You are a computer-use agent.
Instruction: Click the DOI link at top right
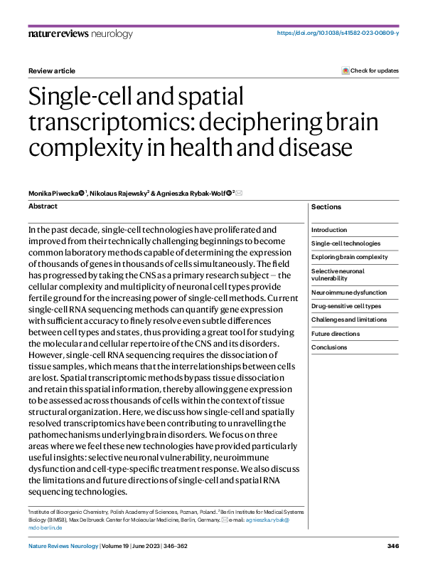(x=337, y=33)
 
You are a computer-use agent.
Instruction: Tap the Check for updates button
(x=370, y=70)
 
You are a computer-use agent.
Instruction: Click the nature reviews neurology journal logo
(x=80, y=34)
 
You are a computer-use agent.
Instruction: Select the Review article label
(x=51, y=71)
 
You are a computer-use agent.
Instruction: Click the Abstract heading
(x=43, y=206)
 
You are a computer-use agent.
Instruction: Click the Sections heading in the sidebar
(x=326, y=207)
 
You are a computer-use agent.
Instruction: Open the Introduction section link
(x=329, y=230)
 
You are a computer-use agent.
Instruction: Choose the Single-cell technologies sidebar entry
(x=346, y=243)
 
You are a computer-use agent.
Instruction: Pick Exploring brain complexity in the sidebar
(x=349, y=257)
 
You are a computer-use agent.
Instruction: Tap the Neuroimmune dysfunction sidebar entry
(x=349, y=293)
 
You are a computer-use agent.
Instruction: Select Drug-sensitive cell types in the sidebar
(x=346, y=306)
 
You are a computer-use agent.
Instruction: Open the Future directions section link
(x=336, y=334)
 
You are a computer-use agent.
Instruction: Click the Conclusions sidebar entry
(x=329, y=347)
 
